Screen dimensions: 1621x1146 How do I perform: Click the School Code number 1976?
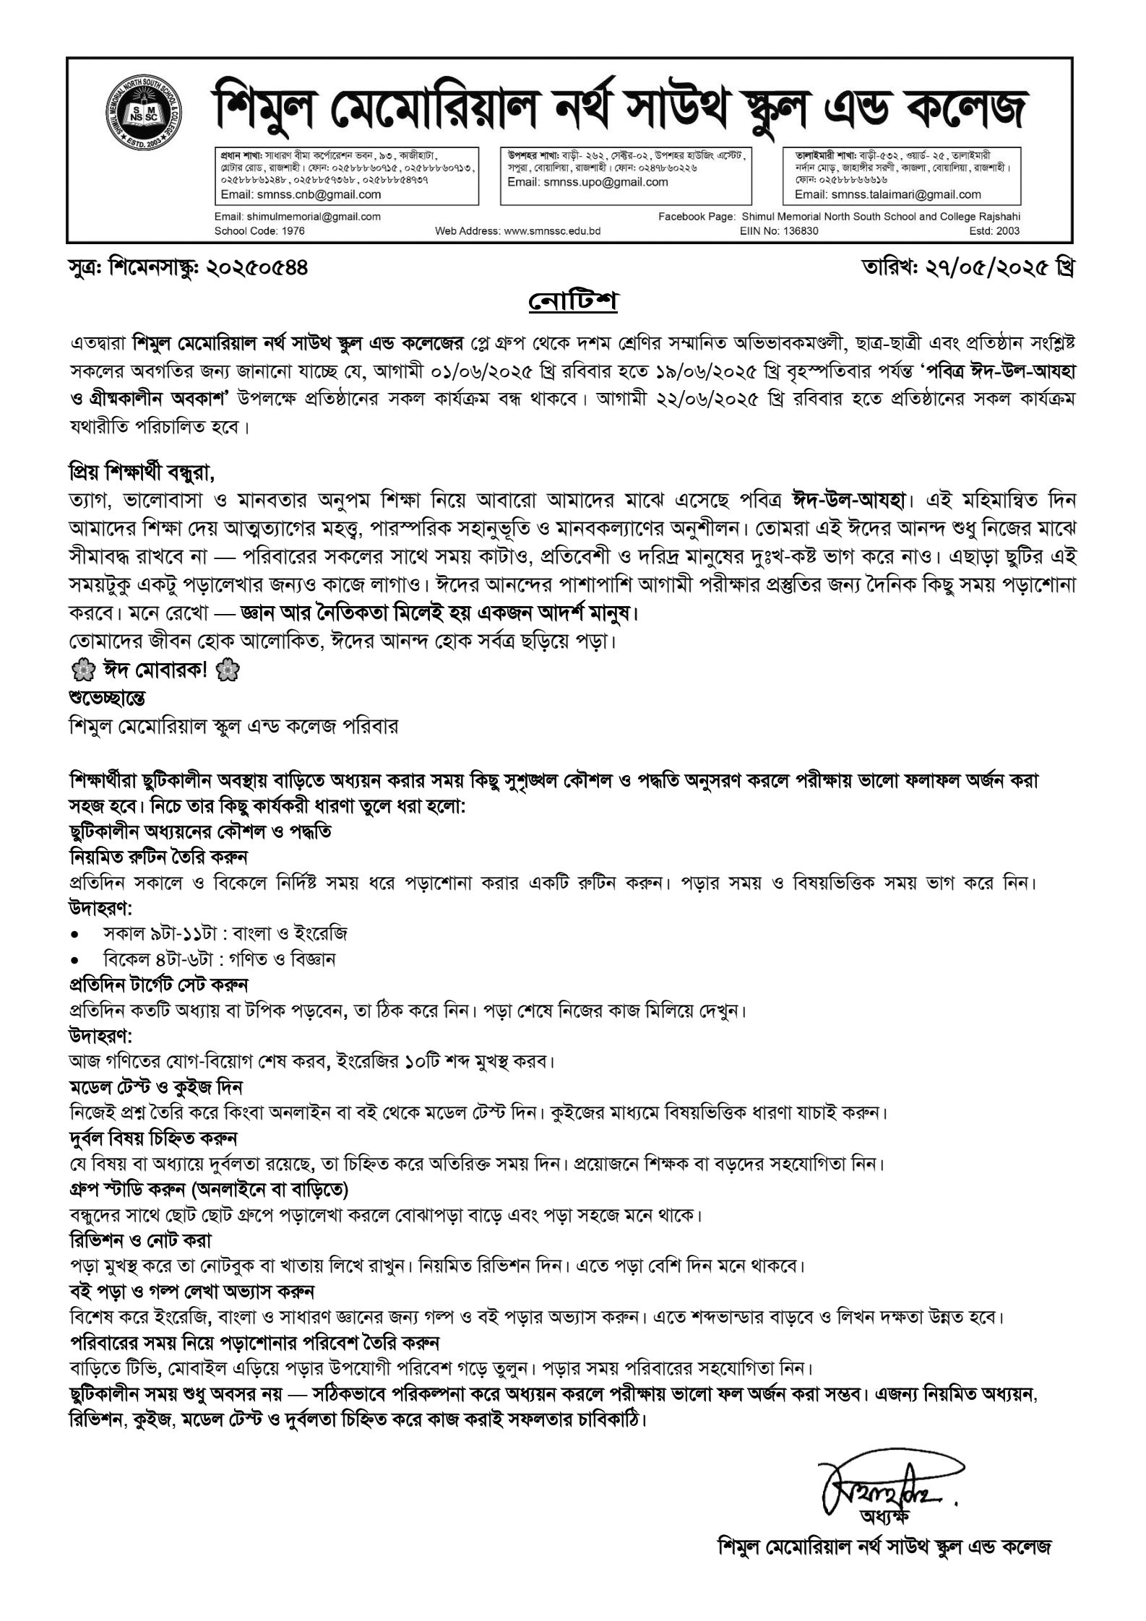point(291,231)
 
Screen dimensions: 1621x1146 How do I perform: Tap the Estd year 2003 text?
point(1007,231)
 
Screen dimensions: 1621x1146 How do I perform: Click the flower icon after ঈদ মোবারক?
point(230,672)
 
